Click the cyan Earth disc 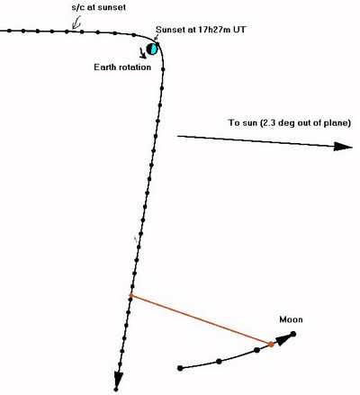(x=152, y=49)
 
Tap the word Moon (x=291, y=319)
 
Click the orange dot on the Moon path (x=271, y=345)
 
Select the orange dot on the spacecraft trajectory (x=131, y=295)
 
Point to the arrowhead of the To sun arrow (x=343, y=147)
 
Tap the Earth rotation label (x=122, y=67)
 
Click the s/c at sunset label (x=99, y=7)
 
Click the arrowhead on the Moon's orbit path (x=283, y=340)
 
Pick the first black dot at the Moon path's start (x=180, y=368)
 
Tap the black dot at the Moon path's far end (x=293, y=334)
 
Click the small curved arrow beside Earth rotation (x=141, y=52)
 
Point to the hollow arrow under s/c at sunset (x=76, y=23)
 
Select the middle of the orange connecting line (x=201, y=319)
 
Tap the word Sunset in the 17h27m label (x=171, y=30)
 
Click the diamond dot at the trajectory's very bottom (x=116, y=390)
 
